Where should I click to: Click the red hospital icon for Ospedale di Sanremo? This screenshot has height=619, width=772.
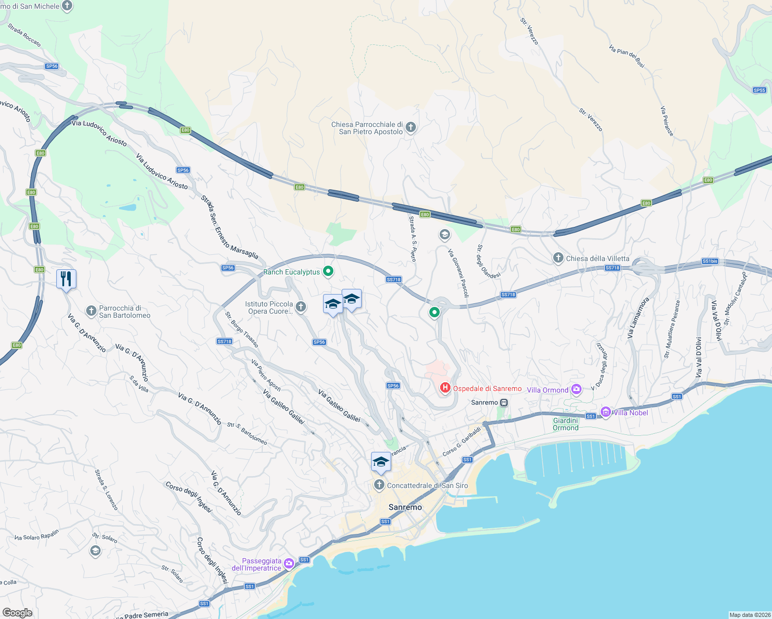(x=445, y=387)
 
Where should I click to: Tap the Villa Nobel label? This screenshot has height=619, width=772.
(x=630, y=413)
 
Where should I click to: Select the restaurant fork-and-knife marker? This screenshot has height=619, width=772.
(x=66, y=279)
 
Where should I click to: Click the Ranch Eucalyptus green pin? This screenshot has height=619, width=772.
(x=328, y=271)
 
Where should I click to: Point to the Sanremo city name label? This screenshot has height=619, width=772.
(x=405, y=507)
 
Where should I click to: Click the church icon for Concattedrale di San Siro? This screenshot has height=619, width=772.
(x=379, y=485)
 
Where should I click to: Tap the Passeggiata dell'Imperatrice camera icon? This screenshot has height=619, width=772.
(x=289, y=563)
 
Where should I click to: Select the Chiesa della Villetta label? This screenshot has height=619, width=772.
(x=598, y=258)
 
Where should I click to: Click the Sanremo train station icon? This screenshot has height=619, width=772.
(x=504, y=402)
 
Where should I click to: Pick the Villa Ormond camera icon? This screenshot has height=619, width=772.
(x=576, y=389)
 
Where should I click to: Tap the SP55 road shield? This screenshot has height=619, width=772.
(x=759, y=90)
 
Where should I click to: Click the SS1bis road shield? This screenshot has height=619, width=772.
(x=710, y=261)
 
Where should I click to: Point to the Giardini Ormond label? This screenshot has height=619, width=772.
(x=566, y=424)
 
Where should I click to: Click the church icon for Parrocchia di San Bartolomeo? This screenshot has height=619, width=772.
(x=91, y=311)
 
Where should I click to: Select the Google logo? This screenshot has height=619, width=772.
(x=18, y=613)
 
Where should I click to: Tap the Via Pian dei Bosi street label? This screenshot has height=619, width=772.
(x=626, y=56)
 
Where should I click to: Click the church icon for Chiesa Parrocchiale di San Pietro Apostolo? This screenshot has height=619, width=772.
(x=411, y=127)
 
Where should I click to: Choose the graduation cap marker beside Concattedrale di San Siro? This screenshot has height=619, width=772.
(x=381, y=462)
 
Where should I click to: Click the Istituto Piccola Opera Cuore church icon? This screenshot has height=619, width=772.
(x=301, y=307)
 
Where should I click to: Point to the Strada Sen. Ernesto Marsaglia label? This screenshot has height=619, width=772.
(x=229, y=227)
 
